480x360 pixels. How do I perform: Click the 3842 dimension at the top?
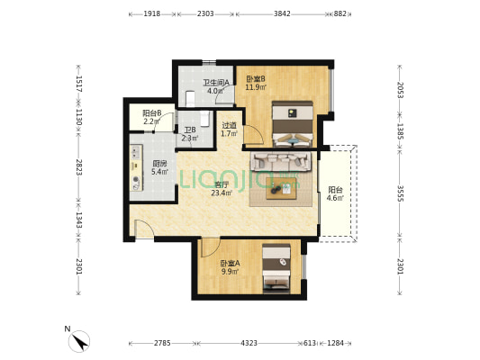click(282, 13)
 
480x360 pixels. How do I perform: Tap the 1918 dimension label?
click(152, 13)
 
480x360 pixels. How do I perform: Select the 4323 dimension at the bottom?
click(249, 343)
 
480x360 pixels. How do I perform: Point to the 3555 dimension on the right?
click(400, 193)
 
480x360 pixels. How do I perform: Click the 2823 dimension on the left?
click(78, 167)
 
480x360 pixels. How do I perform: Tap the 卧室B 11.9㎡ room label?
click(256, 83)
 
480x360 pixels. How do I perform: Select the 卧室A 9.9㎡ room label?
click(230, 267)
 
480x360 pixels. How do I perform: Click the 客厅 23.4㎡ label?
click(222, 189)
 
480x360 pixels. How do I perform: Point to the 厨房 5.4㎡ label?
click(159, 167)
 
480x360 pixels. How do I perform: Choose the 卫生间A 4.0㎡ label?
click(216, 86)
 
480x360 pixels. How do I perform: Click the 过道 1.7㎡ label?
click(230, 130)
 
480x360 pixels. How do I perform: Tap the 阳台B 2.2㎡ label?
click(152, 117)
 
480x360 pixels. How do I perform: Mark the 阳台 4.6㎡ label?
click(335, 193)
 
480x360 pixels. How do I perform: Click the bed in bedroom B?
click(293, 124)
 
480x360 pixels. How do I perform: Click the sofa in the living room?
click(281, 161)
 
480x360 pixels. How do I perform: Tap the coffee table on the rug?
click(281, 189)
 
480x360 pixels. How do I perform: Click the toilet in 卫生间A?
click(190, 98)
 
